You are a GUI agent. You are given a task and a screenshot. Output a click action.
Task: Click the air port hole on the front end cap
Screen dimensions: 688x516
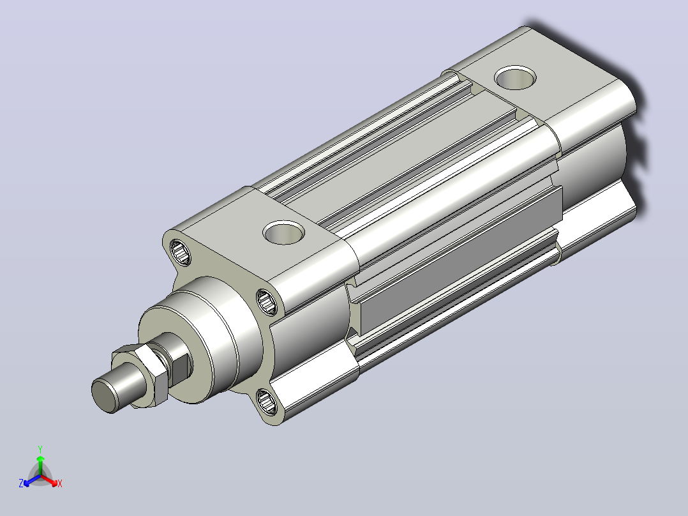pos(284,232)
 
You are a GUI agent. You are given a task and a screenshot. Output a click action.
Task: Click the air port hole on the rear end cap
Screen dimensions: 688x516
pos(515,78)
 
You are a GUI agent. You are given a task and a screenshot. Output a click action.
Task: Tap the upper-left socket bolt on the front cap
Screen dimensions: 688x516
pos(180,252)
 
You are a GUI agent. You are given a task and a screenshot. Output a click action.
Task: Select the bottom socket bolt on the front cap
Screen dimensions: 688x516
pos(266,401)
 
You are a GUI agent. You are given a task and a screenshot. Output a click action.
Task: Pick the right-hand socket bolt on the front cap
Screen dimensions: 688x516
pos(267,301)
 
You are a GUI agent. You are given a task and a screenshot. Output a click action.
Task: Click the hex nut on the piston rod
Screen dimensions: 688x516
pos(140,376)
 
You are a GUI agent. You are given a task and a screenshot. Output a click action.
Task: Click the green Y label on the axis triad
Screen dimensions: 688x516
pos(40,449)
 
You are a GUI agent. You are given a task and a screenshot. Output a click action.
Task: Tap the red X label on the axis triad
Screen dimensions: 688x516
pos(60,483)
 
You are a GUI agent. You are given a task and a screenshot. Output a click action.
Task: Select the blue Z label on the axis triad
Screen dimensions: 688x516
pos(21,483)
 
